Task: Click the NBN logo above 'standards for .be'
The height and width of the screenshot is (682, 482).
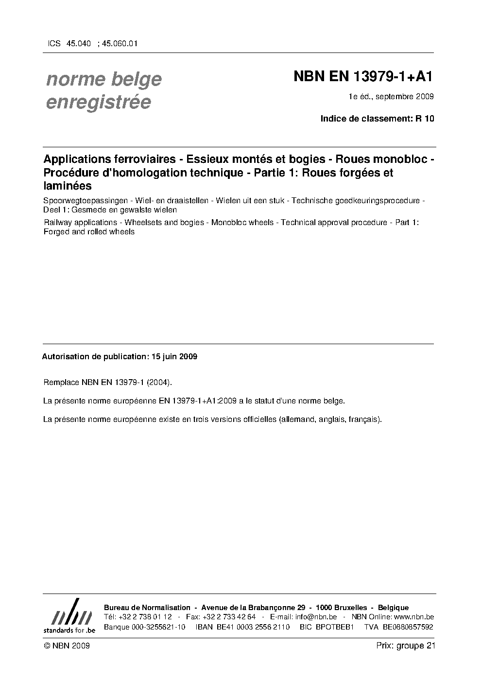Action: tap(69, 612)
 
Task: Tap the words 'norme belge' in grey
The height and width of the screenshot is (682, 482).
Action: tap(104, 79)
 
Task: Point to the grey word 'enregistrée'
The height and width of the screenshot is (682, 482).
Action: tap(99, 102)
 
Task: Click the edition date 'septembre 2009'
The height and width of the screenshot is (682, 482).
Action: tap(404, 96)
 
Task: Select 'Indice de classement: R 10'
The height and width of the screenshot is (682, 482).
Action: tap(377, 119)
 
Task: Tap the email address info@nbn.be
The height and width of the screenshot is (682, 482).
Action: tap(316, 617)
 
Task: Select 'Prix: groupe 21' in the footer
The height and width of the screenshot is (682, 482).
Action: tap(405, 646)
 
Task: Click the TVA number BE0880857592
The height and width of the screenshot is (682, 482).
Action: tap(408, 627)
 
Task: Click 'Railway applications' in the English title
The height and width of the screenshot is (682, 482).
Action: tap(80, 222)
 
